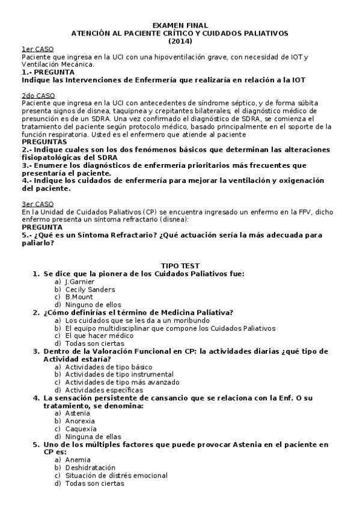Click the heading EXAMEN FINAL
tap(180, 25)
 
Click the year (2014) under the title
tap(180, 41)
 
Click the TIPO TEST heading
tap(180, 265)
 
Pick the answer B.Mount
tap(79, 297)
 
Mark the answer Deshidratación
tap(90, 467)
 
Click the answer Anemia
tap(78, 459)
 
